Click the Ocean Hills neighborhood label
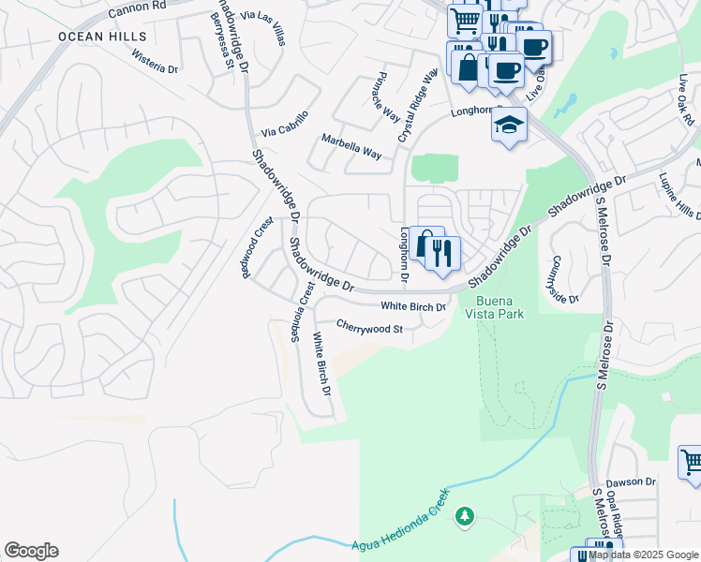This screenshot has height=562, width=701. coord(102,36)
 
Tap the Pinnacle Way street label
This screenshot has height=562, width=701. coord(387,91)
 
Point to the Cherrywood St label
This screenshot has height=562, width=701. coord(369,329)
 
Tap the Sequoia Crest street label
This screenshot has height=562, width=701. coord(299,318)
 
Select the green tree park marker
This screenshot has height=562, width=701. coord(464,516)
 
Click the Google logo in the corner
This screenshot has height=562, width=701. coord(31,551)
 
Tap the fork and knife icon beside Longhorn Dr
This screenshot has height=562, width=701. coord(442,252)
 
